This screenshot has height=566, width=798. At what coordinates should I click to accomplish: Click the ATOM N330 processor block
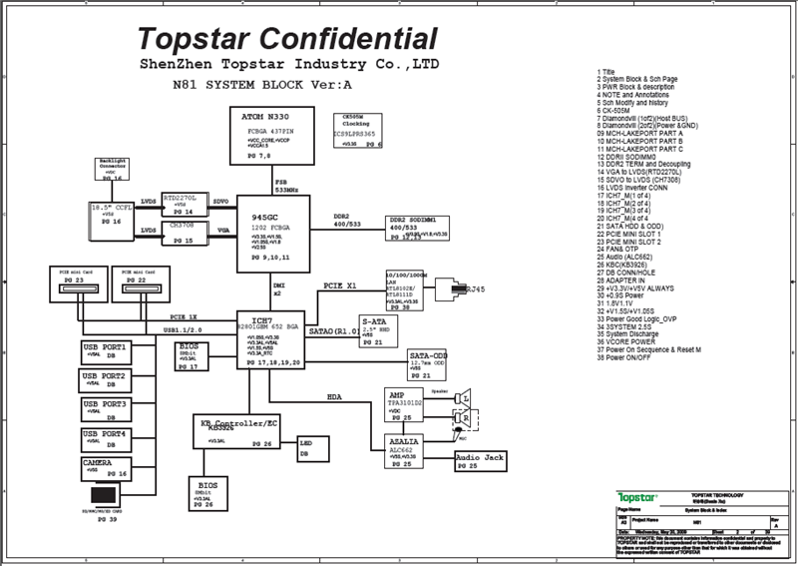tap(265, 134)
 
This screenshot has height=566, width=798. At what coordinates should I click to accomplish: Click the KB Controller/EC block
tap(236, 430)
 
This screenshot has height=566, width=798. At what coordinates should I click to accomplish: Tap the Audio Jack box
tap(481, 460)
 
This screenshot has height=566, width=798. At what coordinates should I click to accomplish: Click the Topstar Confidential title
tap(287, 39)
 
